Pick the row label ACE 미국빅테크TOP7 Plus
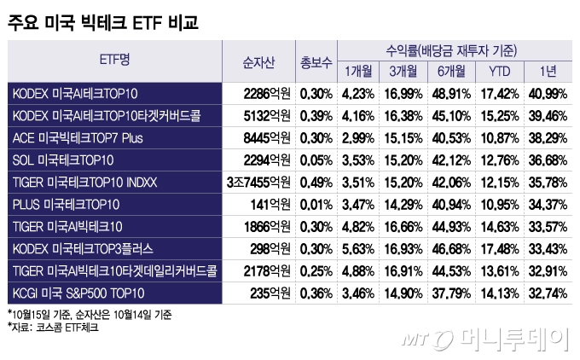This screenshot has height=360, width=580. click(x=79, y=137)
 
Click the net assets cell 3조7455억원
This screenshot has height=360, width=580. click(x=258, y=182)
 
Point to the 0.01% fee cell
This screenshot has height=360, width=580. click(x=316, y=204)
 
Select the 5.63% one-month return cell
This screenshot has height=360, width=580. click(x=358, y=248)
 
